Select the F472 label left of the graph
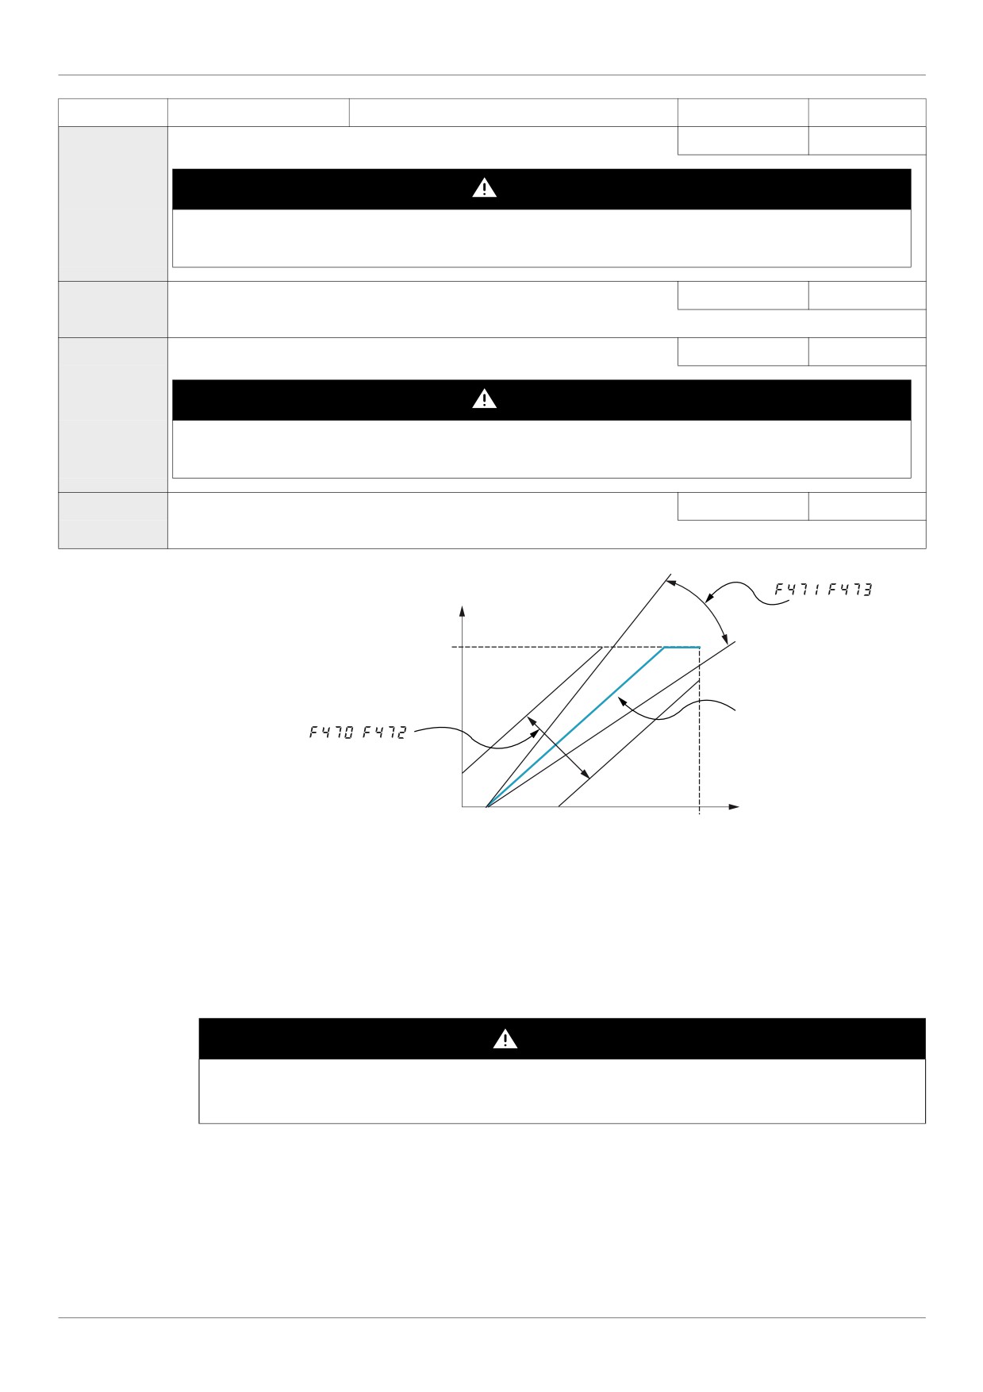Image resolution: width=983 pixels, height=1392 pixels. point(384,733)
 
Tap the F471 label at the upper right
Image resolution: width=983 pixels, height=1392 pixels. point(797,590)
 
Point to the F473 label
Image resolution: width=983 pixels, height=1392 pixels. point(850,590)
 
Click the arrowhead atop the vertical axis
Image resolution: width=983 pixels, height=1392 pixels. point(462,612)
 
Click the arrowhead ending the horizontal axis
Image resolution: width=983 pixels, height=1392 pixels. point(734,807)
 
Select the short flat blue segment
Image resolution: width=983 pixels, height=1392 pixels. point(682,648)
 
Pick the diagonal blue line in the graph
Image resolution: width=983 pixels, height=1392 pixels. point(575,727)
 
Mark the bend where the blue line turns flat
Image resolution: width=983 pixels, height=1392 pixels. point(665,648)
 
